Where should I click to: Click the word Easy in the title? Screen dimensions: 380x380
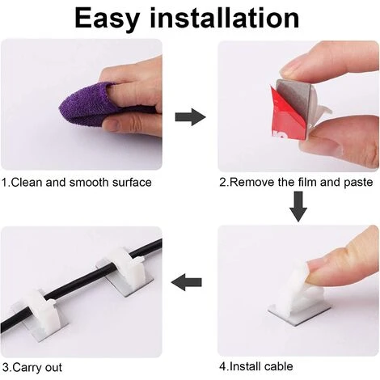108,19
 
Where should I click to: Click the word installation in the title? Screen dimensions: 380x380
225,18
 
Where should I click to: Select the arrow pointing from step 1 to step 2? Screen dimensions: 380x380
191,117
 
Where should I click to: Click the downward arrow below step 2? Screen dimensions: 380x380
298,206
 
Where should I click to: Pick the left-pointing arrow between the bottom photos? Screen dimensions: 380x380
187,282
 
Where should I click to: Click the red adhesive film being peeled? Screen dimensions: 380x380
285,115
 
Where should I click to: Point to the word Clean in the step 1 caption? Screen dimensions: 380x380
27,183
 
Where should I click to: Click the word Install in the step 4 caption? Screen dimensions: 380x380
245,366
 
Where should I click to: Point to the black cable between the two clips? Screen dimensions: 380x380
81,283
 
